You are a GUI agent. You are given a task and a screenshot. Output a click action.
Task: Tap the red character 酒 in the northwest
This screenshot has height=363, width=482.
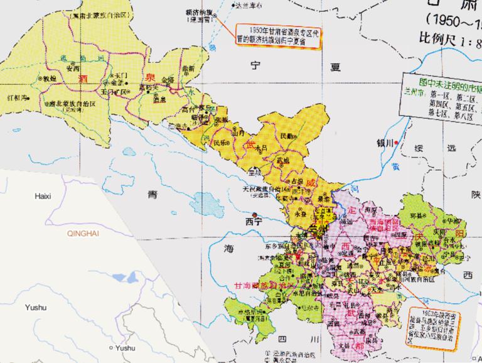point(83,79)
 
